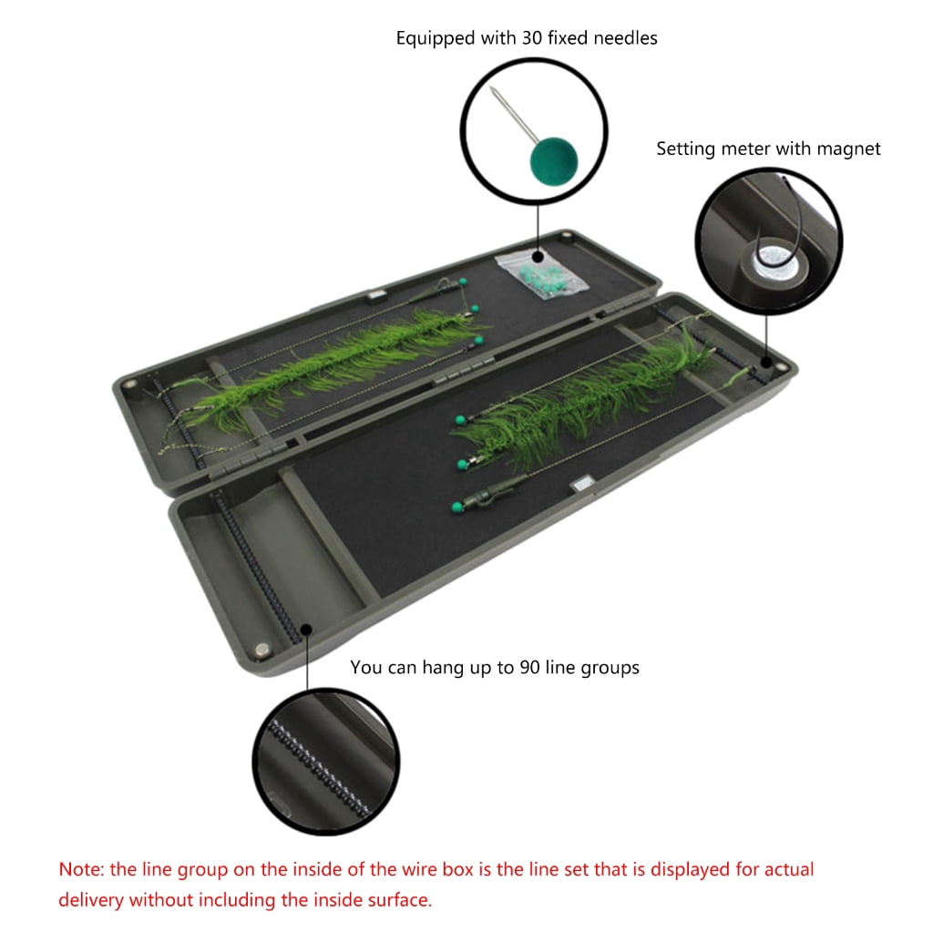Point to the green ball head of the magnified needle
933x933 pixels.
click(x=553, y=160)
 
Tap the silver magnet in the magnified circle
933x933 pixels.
click(x=775, y=262)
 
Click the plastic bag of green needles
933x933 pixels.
click(x=541, y=272)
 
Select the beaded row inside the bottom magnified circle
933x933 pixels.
click(x=318, y=768)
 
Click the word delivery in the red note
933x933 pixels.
click(x=91, y=899)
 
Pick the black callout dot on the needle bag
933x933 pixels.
click(x=538, y=257)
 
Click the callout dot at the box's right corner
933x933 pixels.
click(x=767, y=363)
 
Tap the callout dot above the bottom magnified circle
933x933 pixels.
click(x=306, y=630)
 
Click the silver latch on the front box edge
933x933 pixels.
click(x=581, y=484)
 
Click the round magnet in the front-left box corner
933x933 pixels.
click(x=261, y=649)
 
